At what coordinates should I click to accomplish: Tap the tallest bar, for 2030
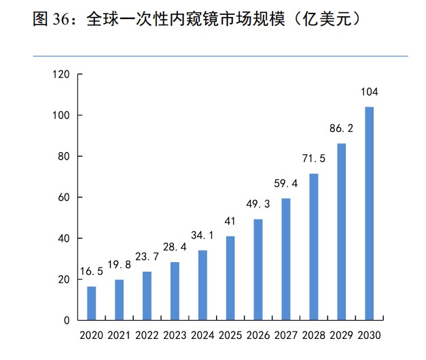tap(370, 213)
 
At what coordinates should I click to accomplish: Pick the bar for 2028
tap(314, 247)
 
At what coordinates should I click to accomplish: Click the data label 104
tap(370, 92)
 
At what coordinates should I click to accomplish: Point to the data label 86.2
tap(342, 128)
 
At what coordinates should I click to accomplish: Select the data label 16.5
tap(90, 272)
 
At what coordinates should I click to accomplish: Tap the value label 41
tap(230, 221)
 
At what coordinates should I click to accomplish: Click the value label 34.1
tap(202, 236)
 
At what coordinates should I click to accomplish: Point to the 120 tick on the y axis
tap(63, 75)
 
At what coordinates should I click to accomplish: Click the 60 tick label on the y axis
tap(65, 198)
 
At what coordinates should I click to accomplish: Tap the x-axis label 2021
tap(119, 336)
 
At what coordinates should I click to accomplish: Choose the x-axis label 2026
tap(258, 336)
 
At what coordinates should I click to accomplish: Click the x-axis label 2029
tap(342, 336)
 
